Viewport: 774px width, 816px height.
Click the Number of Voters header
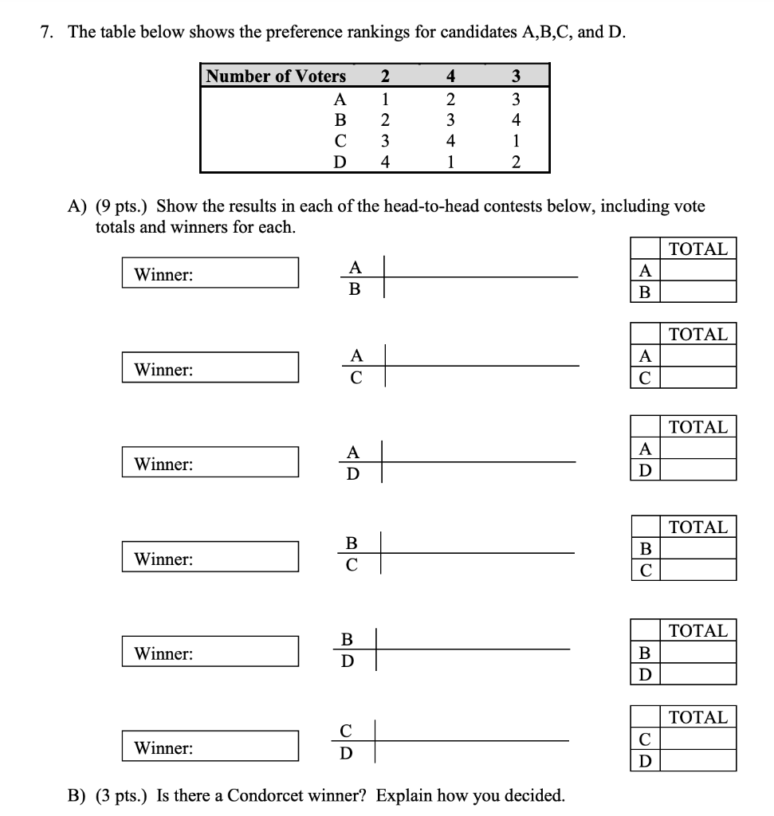click(x=276, y=76)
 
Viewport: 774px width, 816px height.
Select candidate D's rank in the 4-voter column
click(x=450, y=163)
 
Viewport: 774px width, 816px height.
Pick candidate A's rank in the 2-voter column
click(x=385, y=100)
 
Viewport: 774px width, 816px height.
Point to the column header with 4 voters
click(x=450, y=76)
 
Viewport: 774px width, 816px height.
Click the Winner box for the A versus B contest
click(x=210, y=274)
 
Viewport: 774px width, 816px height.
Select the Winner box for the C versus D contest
click(x=210, y=747)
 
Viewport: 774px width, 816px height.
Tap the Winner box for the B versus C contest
click(x=210, y=559)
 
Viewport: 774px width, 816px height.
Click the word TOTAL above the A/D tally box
click(x=698, y=427)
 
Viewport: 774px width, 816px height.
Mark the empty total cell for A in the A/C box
click(x=698, y=355)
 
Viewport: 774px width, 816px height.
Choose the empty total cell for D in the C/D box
click(x=698, y=760)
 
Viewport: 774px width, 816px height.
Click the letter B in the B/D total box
click(x=646, y=653)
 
